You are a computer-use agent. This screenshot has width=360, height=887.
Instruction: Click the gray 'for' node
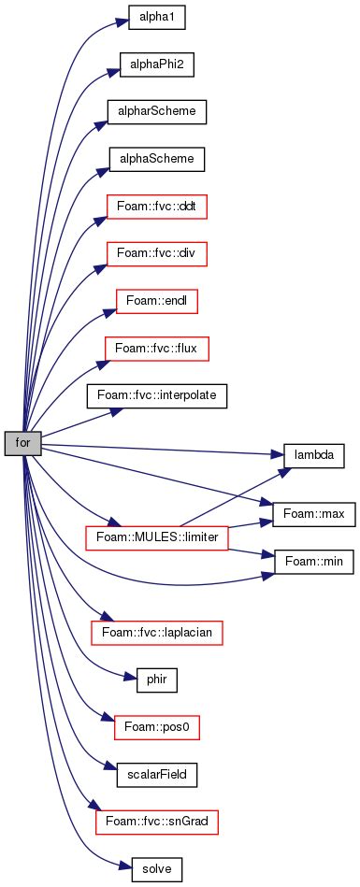[x=22, y=443]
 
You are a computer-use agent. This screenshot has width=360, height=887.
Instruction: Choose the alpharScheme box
[x=155, y=112]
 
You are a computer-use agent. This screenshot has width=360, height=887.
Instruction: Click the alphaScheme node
[x=155, y=159]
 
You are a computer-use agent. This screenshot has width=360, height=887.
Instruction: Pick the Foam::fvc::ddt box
[x=155, y=207]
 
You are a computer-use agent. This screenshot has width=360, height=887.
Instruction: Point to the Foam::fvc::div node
[x=155, y=253]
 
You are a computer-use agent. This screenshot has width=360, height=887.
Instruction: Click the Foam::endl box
[x=155, y=301]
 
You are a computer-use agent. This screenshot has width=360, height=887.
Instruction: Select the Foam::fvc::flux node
[x=155, y=349]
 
